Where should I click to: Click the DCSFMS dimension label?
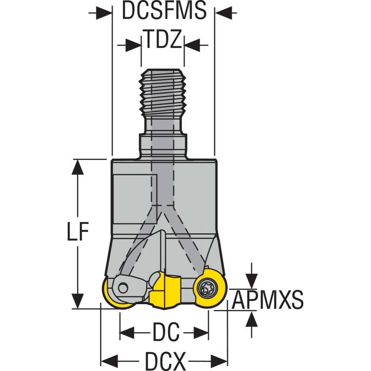pyautogui.click(x=164, y=12)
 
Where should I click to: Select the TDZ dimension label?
pyautogui.click(x=162, y=41)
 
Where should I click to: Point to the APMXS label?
pyautogui.click(x=268, y=300)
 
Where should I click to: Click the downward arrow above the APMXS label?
pyautogui.click(x=251, y=280)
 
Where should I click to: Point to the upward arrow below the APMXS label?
pyautogui.click(x=251, y=319)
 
